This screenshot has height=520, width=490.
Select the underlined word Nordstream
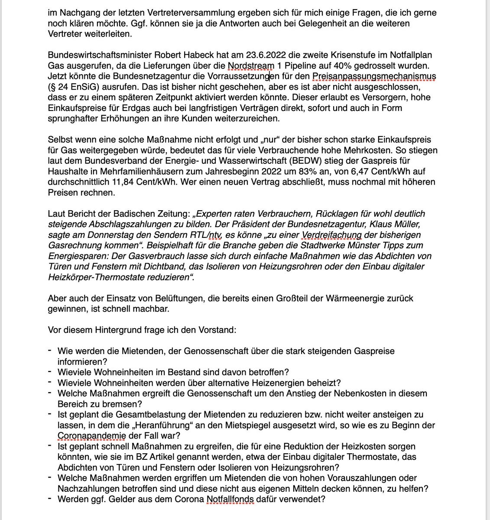(251, 66)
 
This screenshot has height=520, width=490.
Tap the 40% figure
(350, 66)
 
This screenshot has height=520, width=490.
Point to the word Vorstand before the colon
(218, 330)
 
